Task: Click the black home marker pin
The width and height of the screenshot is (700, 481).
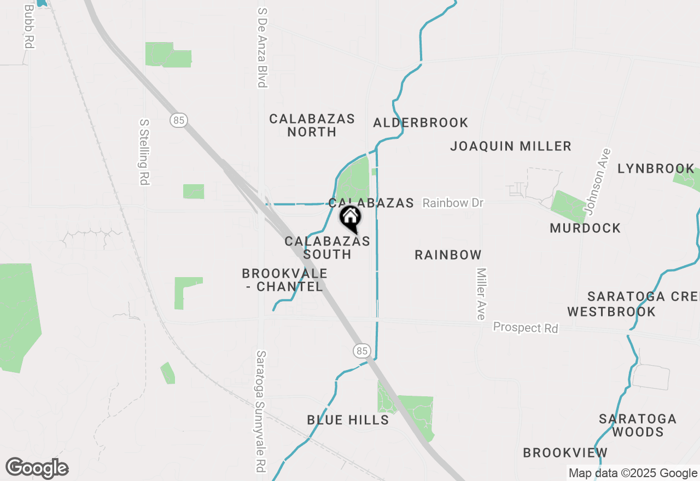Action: pyautogui.click(x=351, y=218)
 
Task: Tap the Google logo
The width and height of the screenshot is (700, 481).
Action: pyautogui.click(x=37, y=468)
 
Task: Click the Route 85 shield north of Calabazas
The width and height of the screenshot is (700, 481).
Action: pyautogui.click(x=178, y=120)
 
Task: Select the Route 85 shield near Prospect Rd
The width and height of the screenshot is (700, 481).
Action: pyautogui.click(x=361, y=350)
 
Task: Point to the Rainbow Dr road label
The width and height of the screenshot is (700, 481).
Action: pyautogui.click(x=453, y=203)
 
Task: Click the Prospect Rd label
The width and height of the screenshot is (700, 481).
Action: pyautogui.click(x=525, y=328)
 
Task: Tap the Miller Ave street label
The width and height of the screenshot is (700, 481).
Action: pyautogui.click(x=481, y=294)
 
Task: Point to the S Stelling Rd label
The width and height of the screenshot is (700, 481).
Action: pyautogui.click(x=144, y=152)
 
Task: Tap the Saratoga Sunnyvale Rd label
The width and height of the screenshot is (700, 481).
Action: pyautogui.click(x=261, y=411)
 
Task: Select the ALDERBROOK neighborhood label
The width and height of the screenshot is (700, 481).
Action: pyautogui.click(x=421, y=122)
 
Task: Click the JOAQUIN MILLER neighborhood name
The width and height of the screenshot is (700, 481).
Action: pyautogui.click(x=511, y=146)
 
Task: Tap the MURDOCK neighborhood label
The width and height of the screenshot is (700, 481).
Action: pyautogui.click(x=585, y=228)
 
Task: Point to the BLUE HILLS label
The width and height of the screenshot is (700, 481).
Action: pyautogui.click(x=348, y=420)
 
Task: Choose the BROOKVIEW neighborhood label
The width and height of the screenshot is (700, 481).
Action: pyautogui.click(x=565, y=453)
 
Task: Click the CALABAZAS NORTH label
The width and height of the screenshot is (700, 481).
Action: pyautogui.click(x=312, y=125)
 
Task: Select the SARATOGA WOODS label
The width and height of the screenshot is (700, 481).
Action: pyautogui.click(x=638, y=425)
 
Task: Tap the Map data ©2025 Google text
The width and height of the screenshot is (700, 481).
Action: pyautogui.click(x=633, y=473)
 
